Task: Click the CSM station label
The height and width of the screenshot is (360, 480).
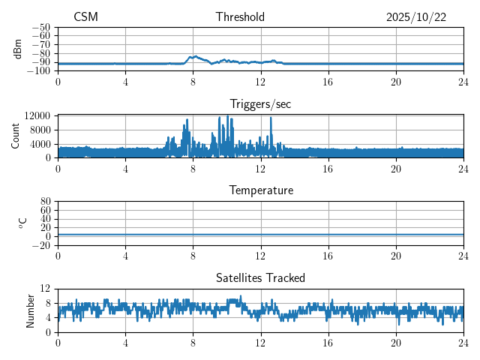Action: (x=85, y=17)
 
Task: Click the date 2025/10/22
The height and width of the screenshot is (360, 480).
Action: (x=416, y=17)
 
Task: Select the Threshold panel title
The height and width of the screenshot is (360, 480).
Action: (x=240, y=17)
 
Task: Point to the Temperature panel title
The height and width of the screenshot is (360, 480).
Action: (x=260, y=190)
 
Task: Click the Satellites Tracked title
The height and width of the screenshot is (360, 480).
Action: (x=260, y=277)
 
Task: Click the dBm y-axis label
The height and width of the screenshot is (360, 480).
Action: (x=18, y=49)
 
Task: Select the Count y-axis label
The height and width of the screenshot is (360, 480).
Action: (x=16, y=136)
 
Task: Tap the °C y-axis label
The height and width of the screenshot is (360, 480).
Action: (x=22, y=223)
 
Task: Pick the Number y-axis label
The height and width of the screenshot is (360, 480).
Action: (x=31, y=310)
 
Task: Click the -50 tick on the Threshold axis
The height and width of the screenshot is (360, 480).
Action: (x=42, y=27)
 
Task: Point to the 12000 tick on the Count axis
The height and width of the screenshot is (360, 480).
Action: (x=37, y=115)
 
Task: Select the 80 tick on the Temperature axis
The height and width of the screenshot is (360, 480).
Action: (x=45, y=202)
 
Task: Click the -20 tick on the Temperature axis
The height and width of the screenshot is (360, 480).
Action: (x=42, y=245)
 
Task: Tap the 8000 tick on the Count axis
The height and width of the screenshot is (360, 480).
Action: (x=39, y=130)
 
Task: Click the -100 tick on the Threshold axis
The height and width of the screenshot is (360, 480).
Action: (x=40, y=71)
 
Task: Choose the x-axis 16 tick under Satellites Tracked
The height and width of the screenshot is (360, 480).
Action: (x=328, y=342)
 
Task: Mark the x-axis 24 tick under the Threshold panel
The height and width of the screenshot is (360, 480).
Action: (x=464, y=81)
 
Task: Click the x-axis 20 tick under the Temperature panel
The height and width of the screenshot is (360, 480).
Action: (x=396, y=255)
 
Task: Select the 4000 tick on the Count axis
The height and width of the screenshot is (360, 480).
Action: (x=39, y=144)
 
